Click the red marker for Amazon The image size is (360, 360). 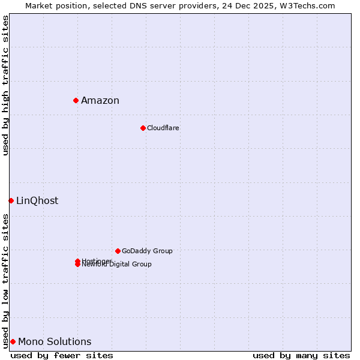76,100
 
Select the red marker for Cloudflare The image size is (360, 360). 143,128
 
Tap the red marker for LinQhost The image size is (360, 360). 11,200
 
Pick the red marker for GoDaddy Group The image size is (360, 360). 118,251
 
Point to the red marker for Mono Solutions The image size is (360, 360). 13,341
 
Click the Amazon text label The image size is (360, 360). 100,100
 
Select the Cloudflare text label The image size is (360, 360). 163,128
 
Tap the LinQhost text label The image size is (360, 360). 37,200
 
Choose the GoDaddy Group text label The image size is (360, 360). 147,251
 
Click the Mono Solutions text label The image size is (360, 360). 55,341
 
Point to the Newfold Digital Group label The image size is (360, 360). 117,265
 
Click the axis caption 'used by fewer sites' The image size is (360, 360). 62,355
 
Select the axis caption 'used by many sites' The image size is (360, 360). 301,355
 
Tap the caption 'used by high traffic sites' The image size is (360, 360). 5,85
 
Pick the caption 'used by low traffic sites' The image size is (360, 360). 5,281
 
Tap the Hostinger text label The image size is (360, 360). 96,260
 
